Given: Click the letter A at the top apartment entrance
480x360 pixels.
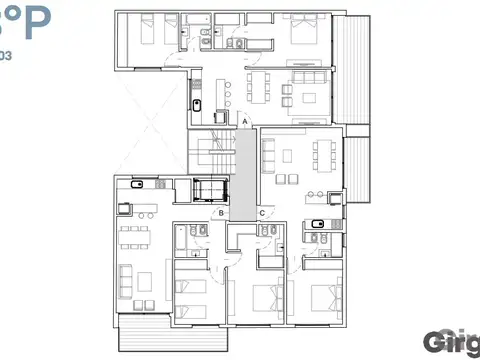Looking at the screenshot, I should [244, 121].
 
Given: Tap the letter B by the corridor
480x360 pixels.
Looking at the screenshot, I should [221, 212].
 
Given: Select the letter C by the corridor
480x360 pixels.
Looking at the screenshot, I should [261, 212].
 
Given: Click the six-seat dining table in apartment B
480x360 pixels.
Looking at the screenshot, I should [132, 238].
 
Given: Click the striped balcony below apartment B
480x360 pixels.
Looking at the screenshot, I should [146, 338].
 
